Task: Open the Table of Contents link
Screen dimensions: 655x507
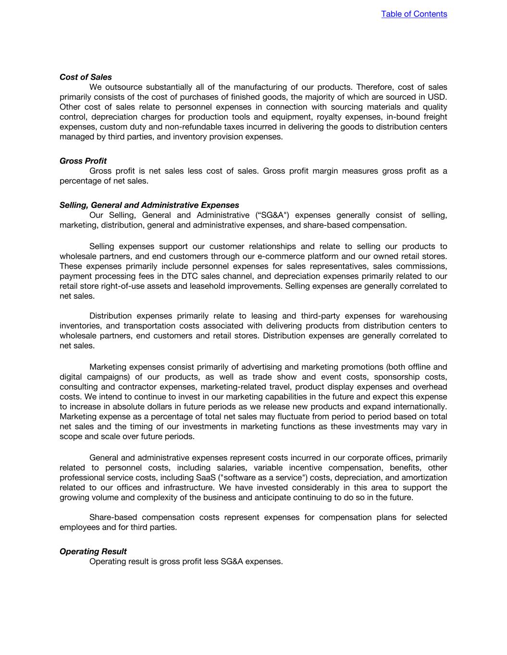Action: tap(414, 14)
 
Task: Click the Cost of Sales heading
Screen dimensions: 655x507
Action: tap(86, 77)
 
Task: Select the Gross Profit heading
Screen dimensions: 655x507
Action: tap(83, 161)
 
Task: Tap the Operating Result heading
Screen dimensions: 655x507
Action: tap(93, 551)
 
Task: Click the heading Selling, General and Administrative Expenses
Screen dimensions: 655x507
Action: tap(149, 205)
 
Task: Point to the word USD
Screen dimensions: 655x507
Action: tap(437, 97)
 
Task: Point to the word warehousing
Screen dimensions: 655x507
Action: tap(423, 316)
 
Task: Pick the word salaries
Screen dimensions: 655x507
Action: tap(233, 468)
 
